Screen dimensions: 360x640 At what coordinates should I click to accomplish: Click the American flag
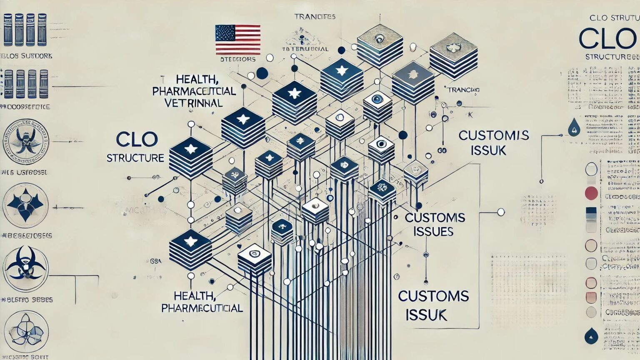pos(238,40)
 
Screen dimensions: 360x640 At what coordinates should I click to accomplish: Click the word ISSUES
pos(433,231)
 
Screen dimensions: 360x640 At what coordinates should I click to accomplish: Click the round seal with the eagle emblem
pos(25,141)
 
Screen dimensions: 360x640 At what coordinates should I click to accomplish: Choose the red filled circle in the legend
pos(591,193)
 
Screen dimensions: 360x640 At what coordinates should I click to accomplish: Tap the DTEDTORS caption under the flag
pos(237,59)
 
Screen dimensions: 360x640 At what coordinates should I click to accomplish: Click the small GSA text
pos(155,261)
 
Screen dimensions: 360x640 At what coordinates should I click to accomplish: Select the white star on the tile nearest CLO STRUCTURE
pos(191,149)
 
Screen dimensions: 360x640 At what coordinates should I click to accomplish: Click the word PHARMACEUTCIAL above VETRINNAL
pos(194,91)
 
